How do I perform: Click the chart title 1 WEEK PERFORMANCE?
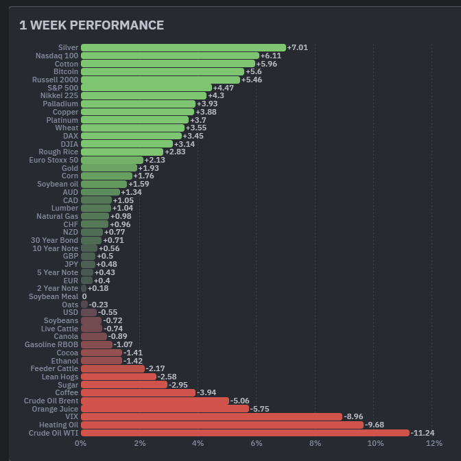point(91,25)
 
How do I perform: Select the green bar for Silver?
point(183,47)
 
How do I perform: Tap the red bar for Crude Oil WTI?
point(245,433)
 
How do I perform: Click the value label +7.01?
point(298,47)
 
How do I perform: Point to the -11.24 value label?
point(423,433)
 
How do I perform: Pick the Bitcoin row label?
point(66,71)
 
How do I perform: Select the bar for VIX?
point(211,416)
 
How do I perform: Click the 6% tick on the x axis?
point(257,443)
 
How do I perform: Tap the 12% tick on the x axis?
point(433,443)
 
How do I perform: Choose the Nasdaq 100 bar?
point(170,56)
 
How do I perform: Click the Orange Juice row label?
point(55,409)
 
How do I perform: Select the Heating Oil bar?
point(222,425)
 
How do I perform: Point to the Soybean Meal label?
point(54,296)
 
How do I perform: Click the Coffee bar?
point(138,392)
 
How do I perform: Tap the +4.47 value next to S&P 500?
point(224,88)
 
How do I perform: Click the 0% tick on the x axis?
point(81,443)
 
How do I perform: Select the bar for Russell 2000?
point(161,80)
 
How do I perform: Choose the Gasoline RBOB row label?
point(51,344)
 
